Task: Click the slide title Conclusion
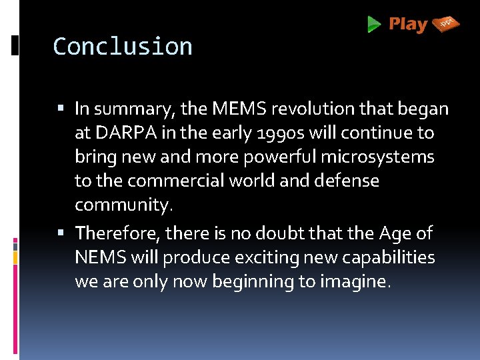(123, 47)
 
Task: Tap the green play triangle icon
(374, 25)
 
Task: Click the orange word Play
(408, 25)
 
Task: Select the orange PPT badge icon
(446, 25)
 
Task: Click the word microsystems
(377, 157)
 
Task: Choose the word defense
(348, 181)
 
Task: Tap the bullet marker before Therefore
(62, 233)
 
